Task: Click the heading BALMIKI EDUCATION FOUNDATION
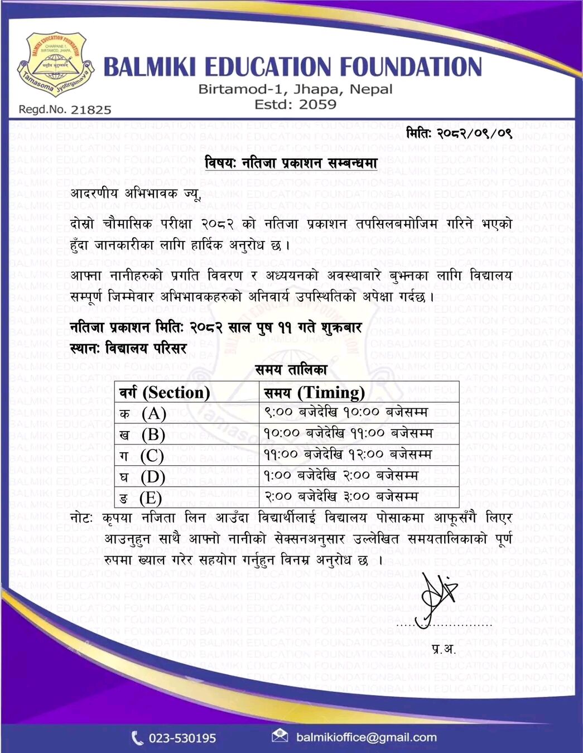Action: coord(292,67)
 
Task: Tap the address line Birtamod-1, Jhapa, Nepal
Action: coord(295,89)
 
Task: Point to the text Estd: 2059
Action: coord(295,104)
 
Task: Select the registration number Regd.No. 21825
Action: coord(65,110)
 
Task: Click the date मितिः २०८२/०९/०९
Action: coord(459,133)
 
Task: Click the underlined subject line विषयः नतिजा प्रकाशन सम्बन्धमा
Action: coord(291,163)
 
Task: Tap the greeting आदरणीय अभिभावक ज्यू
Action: coord(135,194)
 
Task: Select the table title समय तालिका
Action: coord(291,369)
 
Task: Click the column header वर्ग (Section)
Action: coord(165,392)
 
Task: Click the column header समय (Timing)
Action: coord(315,392)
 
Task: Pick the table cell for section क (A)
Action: coord(143,413)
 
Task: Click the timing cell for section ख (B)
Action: coord(348,433)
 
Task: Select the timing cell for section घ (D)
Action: coord(341,476)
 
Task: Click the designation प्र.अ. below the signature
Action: coord(444,649)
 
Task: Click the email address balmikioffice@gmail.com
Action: coord(366,737)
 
